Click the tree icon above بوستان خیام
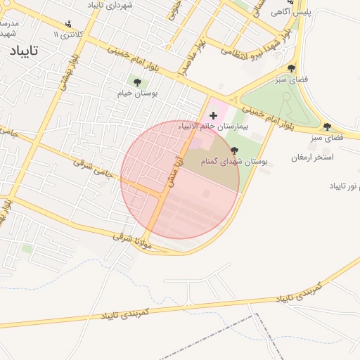tap(136, 82)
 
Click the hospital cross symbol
tap(214, 115)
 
